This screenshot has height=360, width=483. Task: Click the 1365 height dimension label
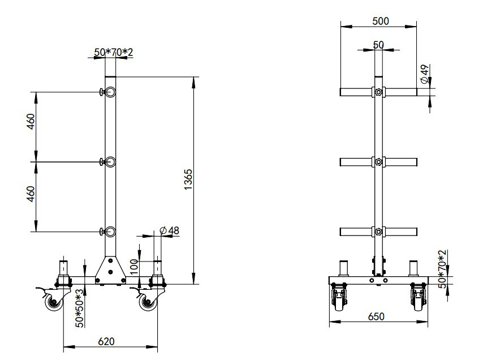point(188,179)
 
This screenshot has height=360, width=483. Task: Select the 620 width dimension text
point(106,341)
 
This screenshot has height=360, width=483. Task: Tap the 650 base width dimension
point(376,316)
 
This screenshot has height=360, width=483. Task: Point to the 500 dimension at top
point(381,21)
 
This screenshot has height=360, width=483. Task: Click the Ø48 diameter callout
point(170,230)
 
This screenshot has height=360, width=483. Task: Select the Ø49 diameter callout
point(425,74)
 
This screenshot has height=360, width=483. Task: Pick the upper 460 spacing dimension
point(31,122)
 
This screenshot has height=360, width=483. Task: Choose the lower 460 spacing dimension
point(31,194)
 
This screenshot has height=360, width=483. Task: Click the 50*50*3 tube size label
point(80,308)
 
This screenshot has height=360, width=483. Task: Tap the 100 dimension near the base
point(134,267)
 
